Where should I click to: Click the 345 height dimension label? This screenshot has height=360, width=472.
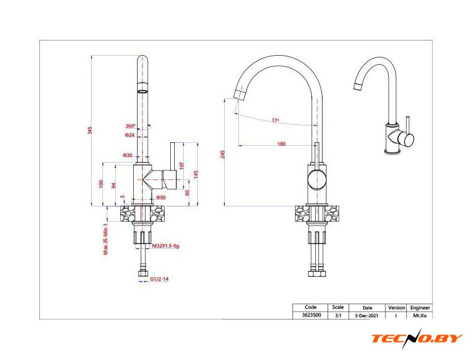(x=90, y=130)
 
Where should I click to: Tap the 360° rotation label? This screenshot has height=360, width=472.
(x=130, y=126)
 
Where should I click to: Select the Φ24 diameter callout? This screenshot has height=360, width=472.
(x=129, y=135)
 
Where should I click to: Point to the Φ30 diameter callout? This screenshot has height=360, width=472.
(x=128, y=155)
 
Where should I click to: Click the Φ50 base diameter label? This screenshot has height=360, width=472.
(x=161, y=197)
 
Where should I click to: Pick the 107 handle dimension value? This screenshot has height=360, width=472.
(x=181, y=165)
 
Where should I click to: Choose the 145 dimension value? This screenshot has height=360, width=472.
(x=196, y=174)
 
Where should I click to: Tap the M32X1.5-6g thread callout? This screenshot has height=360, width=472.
(x=166, y=246)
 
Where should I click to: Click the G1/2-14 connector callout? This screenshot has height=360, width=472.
(x=159, y=279)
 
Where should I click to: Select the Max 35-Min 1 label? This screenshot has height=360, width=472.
(x=106, y=239)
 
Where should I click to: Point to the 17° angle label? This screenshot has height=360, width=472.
(x=275, y=120)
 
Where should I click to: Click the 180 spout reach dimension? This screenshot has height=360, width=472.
(x=281, y=144)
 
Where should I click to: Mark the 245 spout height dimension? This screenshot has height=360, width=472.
(x=223, y=155)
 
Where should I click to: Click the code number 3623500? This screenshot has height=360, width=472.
(x=311, y=315)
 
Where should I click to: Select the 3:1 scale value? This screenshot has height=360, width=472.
(x=338, y=316)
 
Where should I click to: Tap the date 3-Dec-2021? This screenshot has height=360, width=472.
(x=366, y=316)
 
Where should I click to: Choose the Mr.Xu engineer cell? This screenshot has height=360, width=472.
(x=420, y=316)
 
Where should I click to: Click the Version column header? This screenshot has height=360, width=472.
(x=397, y=308)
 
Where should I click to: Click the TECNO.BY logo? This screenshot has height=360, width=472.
(x=417, y=338)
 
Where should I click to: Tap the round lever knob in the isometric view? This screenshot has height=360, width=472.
(x=406, y=140)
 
